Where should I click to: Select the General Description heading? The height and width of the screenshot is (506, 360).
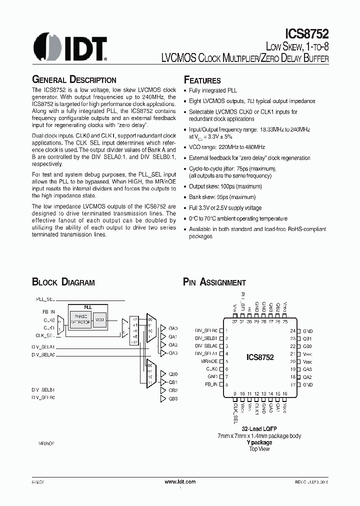(74, 79)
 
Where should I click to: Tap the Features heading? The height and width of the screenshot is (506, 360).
(202, 80)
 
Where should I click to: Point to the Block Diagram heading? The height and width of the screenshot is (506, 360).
(63, 282)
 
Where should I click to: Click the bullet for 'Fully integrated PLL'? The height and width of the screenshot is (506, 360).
(185, 90)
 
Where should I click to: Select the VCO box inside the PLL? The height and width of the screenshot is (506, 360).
(99, 319)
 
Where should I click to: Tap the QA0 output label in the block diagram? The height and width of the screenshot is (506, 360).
(173, 328)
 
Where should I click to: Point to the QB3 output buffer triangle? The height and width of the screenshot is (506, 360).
(162, 398)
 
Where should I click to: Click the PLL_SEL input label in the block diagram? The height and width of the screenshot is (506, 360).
(45, 298)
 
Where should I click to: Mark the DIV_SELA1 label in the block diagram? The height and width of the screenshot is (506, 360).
(43, 346)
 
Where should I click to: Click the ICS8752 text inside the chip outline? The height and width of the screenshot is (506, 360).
(260, 357)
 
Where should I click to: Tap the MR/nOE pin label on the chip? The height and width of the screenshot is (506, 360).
(209, 361)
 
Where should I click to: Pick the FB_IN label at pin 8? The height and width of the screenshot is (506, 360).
(211, 384)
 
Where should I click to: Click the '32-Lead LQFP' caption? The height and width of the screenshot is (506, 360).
(259, 429)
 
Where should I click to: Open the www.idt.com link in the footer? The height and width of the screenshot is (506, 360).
(180, 481)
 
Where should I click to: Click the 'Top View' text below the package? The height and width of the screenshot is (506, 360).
(259, 448)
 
